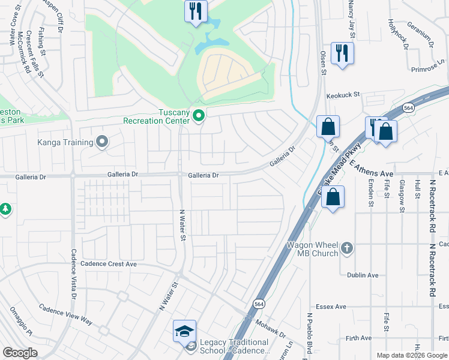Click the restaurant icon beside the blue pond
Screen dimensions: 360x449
click(196, 11)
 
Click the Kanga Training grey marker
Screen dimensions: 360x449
click(102, 142)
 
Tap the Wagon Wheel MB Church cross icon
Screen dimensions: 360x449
click(346, 248)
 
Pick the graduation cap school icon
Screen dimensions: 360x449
click(184, 331)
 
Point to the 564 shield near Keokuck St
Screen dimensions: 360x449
click(408, 107)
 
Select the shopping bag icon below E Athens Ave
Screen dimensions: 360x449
click(333, 196)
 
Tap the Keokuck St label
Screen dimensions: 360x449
click(342, 95)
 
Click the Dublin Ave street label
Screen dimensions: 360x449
click(363, 275)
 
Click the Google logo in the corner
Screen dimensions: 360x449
click(20, 353)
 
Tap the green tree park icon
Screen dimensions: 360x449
click(5, 209)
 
